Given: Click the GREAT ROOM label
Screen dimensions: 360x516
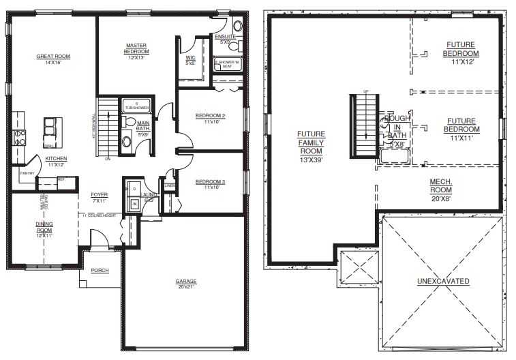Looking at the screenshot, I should [53, 57].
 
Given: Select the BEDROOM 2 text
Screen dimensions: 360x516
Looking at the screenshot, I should [210, 116].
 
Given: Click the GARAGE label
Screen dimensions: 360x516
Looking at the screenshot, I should [185, 281].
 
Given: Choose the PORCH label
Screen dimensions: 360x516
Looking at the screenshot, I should [100, 271].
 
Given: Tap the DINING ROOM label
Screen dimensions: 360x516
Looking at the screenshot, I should [45, 226].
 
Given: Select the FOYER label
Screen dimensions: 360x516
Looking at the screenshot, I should [100, 194].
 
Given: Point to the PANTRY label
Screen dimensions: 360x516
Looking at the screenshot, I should [27, 173].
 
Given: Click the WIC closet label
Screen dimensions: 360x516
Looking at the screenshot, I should [191, 58].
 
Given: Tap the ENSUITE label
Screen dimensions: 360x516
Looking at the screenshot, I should [225, 35].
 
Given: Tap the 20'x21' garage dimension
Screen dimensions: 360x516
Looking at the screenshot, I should [185, 287].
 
